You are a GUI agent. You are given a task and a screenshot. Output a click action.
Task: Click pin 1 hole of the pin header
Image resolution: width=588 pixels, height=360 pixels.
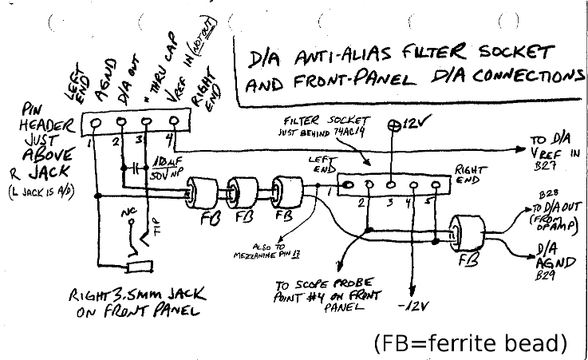97,124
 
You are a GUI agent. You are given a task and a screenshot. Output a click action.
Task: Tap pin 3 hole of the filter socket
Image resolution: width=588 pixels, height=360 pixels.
390,184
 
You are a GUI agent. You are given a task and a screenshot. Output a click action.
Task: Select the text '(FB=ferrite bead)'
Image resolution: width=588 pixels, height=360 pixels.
470,343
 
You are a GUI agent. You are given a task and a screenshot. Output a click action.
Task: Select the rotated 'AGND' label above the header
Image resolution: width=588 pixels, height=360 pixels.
104,81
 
